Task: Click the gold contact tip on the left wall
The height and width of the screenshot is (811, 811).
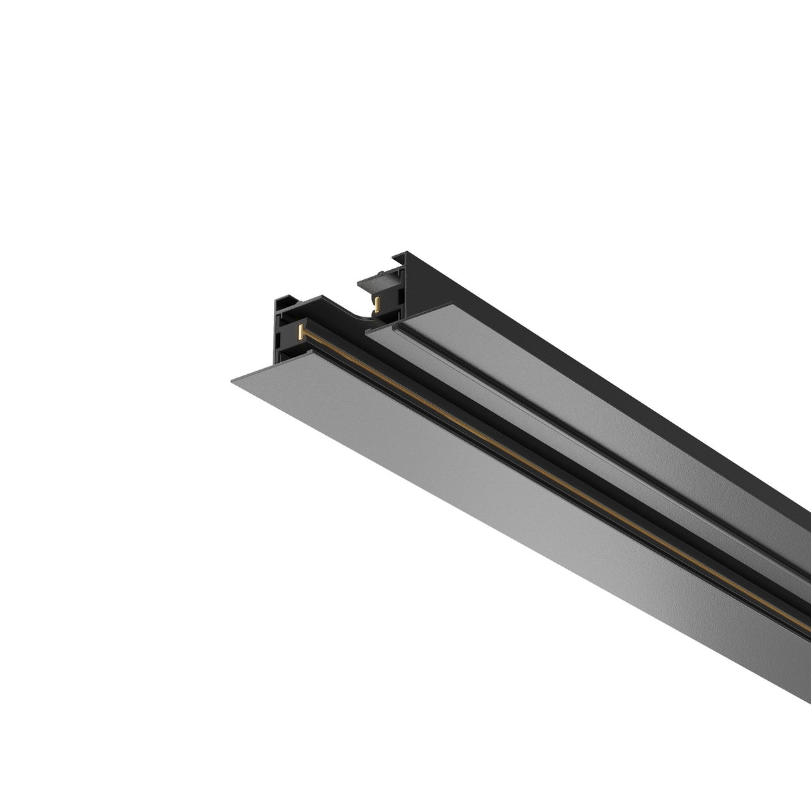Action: pyautogui.click(x=302, y=332)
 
